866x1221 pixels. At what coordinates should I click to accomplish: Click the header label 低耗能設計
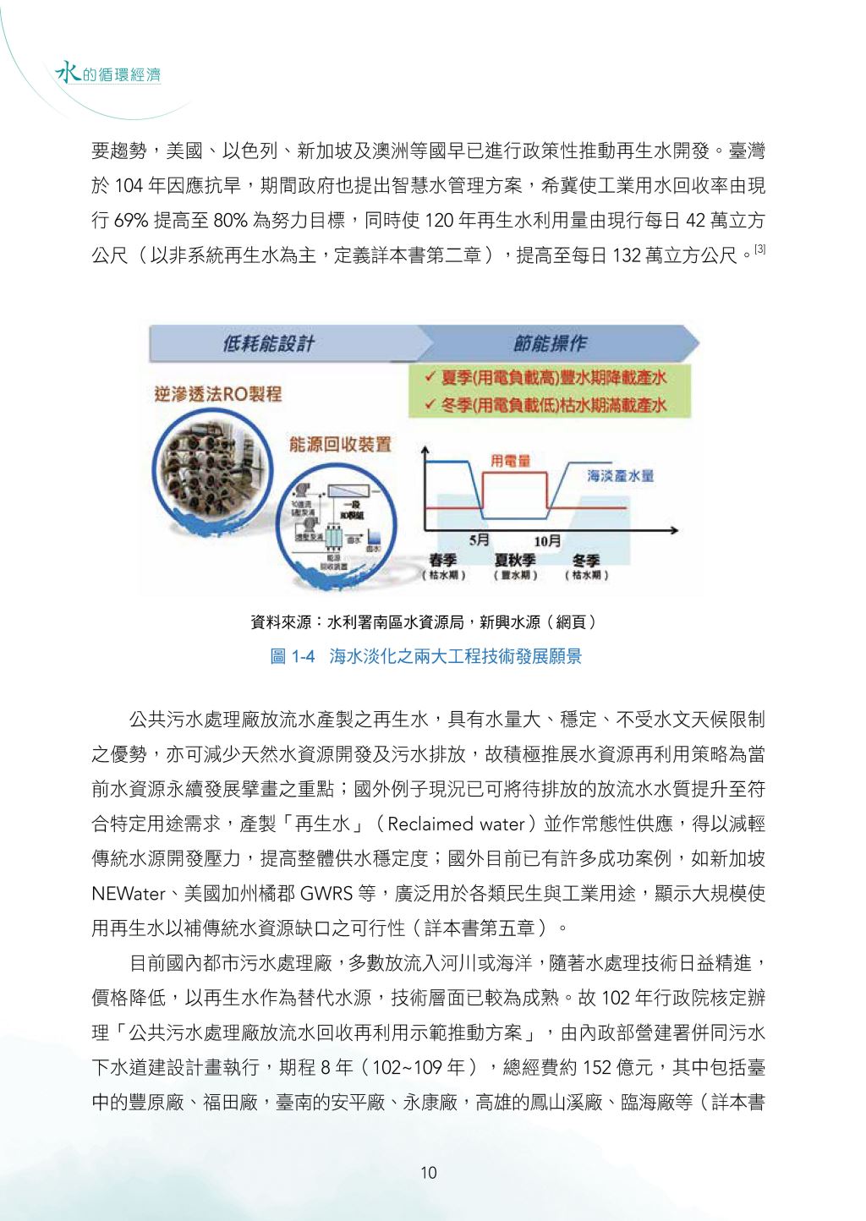pos(269,343)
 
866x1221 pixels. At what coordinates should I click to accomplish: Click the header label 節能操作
pos(550,343)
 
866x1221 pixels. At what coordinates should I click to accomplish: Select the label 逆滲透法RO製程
pos(218,394)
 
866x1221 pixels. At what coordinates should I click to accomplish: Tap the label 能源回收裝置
pos(340,444)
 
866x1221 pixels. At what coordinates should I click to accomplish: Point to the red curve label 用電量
pos(511,460)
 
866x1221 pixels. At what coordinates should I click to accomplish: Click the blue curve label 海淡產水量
pos(621,475)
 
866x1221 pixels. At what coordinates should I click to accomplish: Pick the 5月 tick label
pos(480,539)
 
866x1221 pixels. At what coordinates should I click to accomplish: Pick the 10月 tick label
pos(547,540)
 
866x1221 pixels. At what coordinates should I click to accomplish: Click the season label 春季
pos(443,560)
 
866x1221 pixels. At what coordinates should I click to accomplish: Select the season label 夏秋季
pos(515,560)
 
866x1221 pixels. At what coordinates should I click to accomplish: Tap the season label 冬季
pos(586,560)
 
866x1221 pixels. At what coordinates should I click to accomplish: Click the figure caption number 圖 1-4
pos(292,656)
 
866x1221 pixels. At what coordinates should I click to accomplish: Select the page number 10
pos(429,1173)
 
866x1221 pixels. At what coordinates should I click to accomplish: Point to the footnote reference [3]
pos(759,249)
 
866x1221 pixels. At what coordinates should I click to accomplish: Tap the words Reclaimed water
pos(457,824)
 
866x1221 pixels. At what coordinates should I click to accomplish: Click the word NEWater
pos(128,894)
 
